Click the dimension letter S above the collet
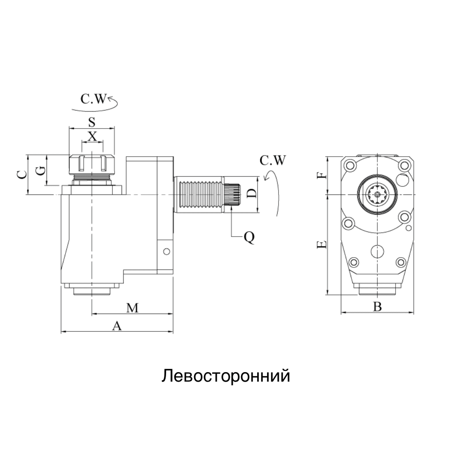(x=91, y=122)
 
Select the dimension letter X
(x=92, y=136)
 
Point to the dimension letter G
(x=40, y=170)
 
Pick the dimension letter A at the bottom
(x=117, y=326)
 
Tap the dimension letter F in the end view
(x=324, y=175)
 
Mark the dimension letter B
(x=377, y=307)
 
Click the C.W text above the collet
(x=93, y=99)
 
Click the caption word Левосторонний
(x=225, y=376)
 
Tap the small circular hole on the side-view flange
(x=166, y=251)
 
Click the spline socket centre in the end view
(x=377, y=195)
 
